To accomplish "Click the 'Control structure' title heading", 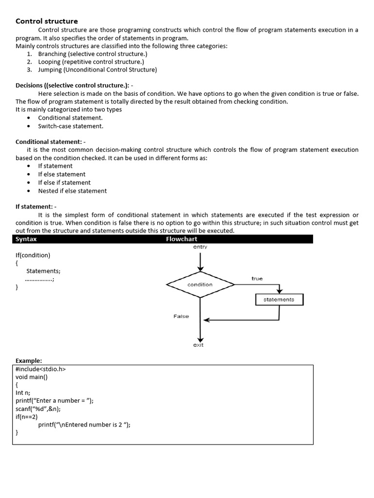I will [47, 21].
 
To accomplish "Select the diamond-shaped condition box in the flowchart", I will [200, 285].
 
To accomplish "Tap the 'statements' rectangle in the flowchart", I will [279, 300].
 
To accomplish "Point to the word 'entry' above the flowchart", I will [200, 247].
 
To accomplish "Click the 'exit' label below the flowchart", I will [198, 345].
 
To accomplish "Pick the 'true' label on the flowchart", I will [257, 279].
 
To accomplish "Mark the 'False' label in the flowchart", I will [181, 316].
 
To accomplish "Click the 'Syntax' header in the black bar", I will [26, 239].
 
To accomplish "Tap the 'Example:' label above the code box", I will [29, 361].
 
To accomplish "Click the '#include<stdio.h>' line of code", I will [40, 369].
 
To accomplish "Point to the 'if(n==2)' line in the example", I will [27, 416].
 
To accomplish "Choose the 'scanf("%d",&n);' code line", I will [38, 409].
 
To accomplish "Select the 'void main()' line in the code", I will [32, 376].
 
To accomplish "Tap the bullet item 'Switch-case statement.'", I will [71, 126].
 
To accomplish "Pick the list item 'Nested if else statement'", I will [72, 191].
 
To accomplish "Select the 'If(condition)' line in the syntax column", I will [33, 255].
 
